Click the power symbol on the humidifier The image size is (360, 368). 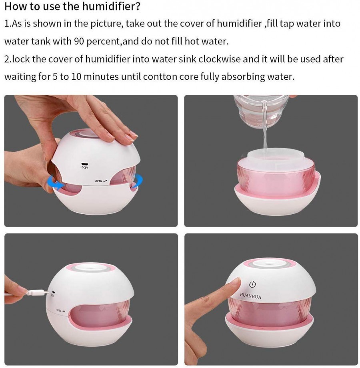(252, 285)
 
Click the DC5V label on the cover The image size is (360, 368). (84, 167)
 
